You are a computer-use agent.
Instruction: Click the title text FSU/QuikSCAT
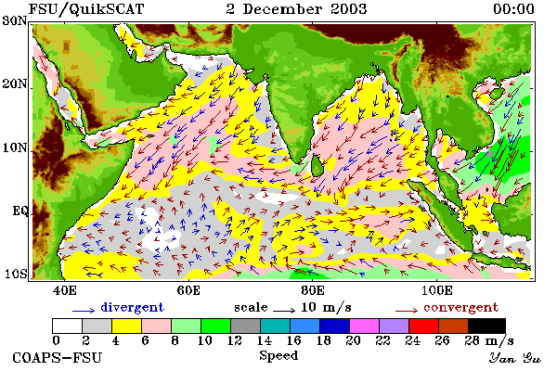click(x=86, y=9)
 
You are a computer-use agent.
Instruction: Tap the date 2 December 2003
click(x=296, y=9)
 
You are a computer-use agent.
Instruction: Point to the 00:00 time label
click(x=513, y=9)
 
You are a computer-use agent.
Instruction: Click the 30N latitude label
click(x=15, y=20)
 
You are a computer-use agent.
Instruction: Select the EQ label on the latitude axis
click(x=19, y=211)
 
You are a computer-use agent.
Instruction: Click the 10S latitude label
click(x=15, y=274)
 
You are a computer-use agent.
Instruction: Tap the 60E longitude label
click(x=188, y=290)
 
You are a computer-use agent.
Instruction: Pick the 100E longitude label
click(x=437, y=290)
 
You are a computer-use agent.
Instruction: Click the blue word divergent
click(x=132, y=307)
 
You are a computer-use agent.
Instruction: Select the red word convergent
click(x=460, y=307)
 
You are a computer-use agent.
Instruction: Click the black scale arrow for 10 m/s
click(x=284, y=311)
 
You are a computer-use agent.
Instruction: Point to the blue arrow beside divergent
click(x=84, y=311)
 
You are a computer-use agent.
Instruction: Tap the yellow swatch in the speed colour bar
click(x=126, y=326)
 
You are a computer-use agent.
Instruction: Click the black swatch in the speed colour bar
click(x=486, y=326)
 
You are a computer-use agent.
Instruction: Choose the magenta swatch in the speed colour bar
click(x=365, y=326)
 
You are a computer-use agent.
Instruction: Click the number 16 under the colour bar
click(x=294, y=340)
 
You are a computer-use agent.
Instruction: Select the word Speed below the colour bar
click(x=278, y=355)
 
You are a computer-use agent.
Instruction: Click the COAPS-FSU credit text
click(x=58, y=357)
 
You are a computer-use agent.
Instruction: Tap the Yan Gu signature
click(x=515, y=358)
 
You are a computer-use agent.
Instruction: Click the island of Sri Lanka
click(x=317, y=166)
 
